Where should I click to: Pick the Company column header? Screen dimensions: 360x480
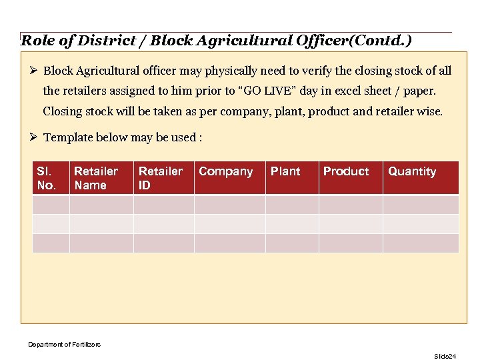[227, 171]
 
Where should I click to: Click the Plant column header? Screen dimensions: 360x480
[286, 171]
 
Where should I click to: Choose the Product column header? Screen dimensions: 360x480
[346, 171]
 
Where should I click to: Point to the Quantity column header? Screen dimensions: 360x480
[413, 171]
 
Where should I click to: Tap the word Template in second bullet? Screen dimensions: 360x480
[68, 137]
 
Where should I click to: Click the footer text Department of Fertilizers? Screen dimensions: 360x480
[64, 344]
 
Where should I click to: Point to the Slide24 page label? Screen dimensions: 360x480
[445, 357]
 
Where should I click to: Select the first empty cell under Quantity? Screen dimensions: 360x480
[421, 204]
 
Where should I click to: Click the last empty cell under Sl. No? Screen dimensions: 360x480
[51, 243]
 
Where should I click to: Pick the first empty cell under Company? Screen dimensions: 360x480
[229, 204]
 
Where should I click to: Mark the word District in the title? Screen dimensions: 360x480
[105, 41]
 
